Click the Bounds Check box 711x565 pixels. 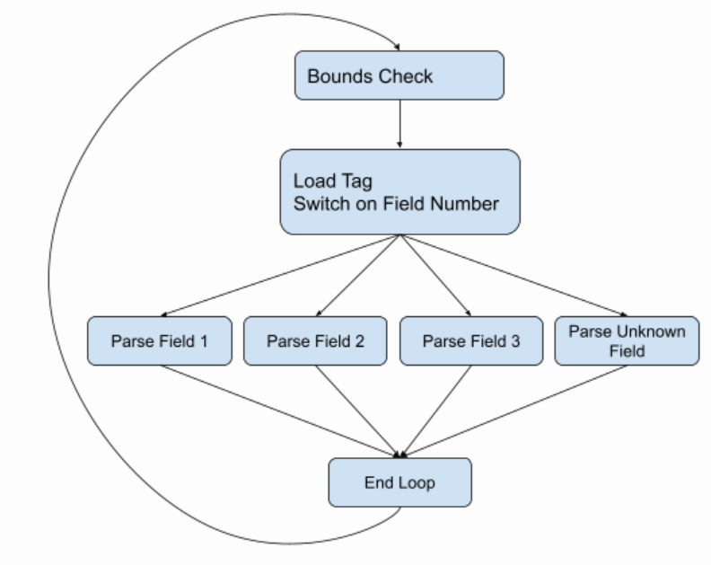click(x=399, y=75)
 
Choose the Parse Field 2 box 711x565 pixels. click(x=315, y=340)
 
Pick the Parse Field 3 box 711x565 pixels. click(x=470, y=340)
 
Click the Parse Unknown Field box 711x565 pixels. click(x=627, y=340)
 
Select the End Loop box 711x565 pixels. click(x=399, y=482)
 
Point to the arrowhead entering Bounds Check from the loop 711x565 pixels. click(x=394, y=47)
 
